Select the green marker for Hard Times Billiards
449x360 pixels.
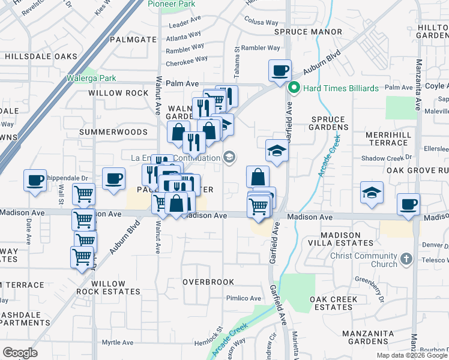pyautogui.click(x=294, y=88)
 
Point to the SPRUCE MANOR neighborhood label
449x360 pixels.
pyautogui.click(x=308, y=32)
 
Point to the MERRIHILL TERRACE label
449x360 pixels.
pyautogui.click(x=388, y=139)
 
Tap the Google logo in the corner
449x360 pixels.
pyautogui.click(x=20, y=353)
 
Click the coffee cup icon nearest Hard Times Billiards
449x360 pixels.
pyautogui.click(x=280, y=71)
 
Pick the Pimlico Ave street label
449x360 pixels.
pyautogui.click(x=243, y=298)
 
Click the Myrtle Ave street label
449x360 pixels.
pyautogui.click(x=117, y=343)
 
